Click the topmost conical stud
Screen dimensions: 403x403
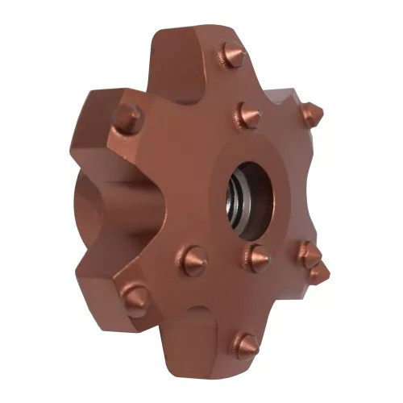[232, 56]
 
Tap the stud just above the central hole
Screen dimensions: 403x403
[247, 115]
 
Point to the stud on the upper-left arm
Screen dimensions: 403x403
[127, 118]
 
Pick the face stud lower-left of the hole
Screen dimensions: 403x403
[192, 260]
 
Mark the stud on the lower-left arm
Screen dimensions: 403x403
[135, 298]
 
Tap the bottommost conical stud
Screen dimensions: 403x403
[244, 346]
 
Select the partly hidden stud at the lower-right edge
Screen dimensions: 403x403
[320, 274]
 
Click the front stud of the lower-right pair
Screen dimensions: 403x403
[305, 253]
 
